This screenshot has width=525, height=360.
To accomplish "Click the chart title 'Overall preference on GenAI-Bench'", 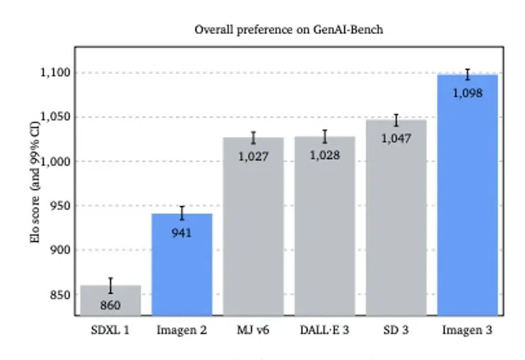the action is pos(289,30).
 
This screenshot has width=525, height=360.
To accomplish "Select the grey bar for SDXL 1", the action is pos(111,300).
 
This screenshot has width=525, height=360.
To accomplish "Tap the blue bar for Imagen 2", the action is pos(182,265).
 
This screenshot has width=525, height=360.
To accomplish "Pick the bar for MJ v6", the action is pos(253,227).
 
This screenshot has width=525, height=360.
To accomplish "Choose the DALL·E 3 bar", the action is pos(325,226).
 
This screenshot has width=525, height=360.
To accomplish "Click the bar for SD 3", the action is pos(396,218).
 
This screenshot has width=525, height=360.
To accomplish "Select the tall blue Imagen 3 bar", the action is pos(468,195).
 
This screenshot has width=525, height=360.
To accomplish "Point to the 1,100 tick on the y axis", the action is pos(55,72).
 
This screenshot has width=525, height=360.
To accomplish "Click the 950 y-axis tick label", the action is pos(60,205).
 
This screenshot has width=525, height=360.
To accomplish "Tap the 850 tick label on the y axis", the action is pos(60,295).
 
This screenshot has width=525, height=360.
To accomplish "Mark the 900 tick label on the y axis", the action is pos(60,250).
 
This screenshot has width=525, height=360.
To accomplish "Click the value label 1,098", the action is pos(468,93).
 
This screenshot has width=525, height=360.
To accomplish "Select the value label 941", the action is pos(182,233).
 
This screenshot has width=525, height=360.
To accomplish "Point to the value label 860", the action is pos(111,305).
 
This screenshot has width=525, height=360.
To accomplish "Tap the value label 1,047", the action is pos(396,138).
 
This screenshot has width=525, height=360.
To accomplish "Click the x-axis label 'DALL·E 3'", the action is pos(324,330).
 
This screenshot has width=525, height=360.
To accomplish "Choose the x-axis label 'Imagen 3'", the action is pos(468,330).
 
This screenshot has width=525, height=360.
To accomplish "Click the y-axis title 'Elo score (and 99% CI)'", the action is pos(35,182).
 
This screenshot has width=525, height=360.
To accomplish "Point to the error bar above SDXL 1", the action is pos(111,285).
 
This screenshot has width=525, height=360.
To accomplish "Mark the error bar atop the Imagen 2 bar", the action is pos(182,213).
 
